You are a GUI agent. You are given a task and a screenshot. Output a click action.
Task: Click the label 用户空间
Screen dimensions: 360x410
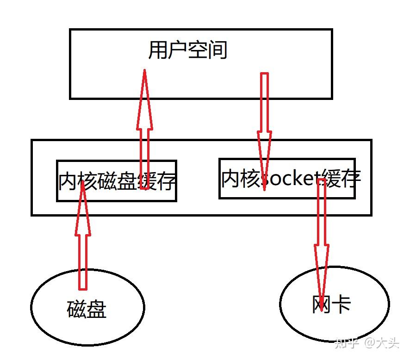pos(187,50)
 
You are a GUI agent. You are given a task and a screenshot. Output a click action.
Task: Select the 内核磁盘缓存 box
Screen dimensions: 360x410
pos(116,181)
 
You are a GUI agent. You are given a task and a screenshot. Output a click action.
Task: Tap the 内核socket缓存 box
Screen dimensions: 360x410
pos(287,179)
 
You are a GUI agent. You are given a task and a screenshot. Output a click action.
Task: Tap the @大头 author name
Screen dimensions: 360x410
pos(381,343)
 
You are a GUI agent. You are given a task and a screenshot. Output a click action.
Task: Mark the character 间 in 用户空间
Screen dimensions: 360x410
pos(217,50)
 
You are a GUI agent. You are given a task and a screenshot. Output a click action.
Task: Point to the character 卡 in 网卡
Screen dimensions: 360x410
pos(342,304)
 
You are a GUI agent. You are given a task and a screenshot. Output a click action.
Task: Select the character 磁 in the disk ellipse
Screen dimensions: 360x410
pos(77,309)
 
